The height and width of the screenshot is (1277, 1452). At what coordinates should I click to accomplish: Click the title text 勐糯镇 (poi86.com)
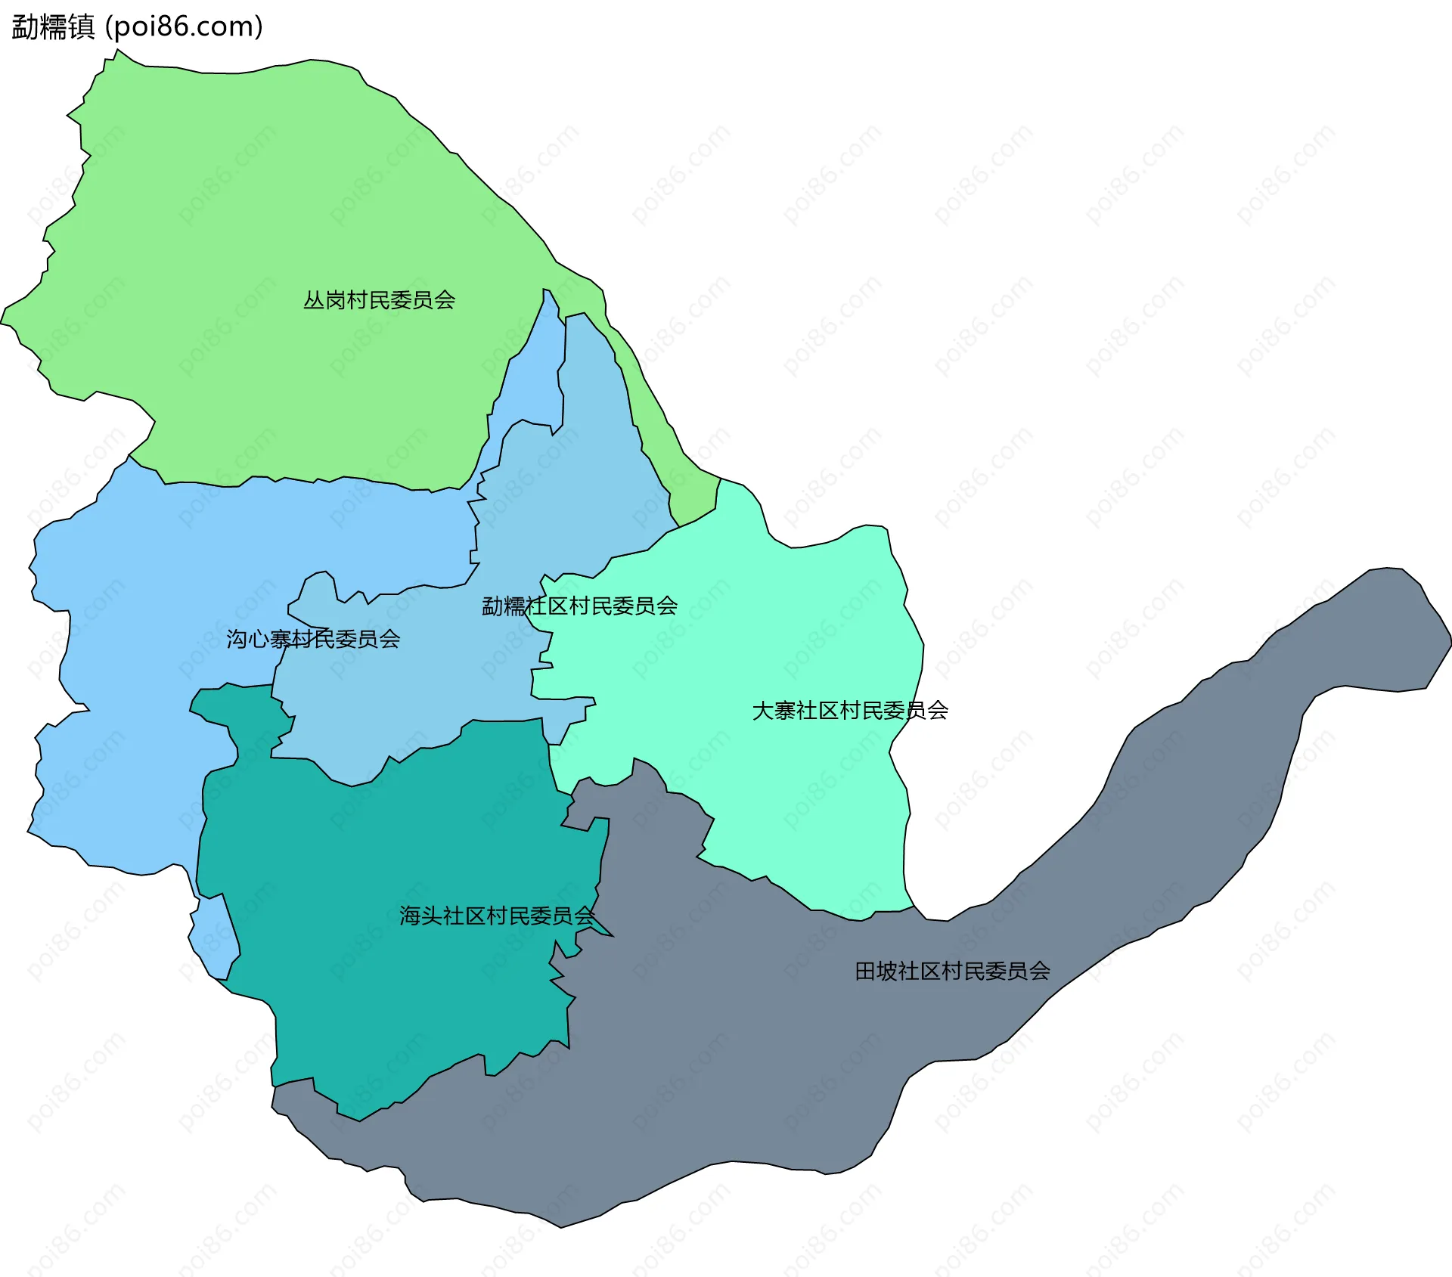pyautogui.click(x=137, y=27)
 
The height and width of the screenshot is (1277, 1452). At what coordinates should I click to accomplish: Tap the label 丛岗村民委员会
pyautogui.click(x=379, y=300)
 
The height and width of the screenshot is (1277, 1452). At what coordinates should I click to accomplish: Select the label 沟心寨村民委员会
pyautogui.click(x=313, y=640)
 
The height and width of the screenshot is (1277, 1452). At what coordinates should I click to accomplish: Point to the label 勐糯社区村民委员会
pyautogui.click(x=580, y=606)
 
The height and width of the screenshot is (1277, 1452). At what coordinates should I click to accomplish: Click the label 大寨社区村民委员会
pyautogui.click(x=850, y=711)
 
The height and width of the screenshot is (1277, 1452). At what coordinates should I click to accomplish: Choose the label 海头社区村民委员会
pyautogui.click(x=497, y=916)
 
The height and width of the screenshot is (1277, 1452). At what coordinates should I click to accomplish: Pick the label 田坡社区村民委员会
pyautogui.click(x=952, y=972)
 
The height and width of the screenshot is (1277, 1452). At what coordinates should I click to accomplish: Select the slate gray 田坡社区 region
pyautogui.click(x=756, y=1058)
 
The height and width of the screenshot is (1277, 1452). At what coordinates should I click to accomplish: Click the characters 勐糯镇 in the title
pyautogui.click(x=53, y=27)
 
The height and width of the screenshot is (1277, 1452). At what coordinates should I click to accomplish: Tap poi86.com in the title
pyautogui.click(x=184, y=27)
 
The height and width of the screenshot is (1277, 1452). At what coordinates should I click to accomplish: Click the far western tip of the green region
pyautogui.click(x=6, y=318)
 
